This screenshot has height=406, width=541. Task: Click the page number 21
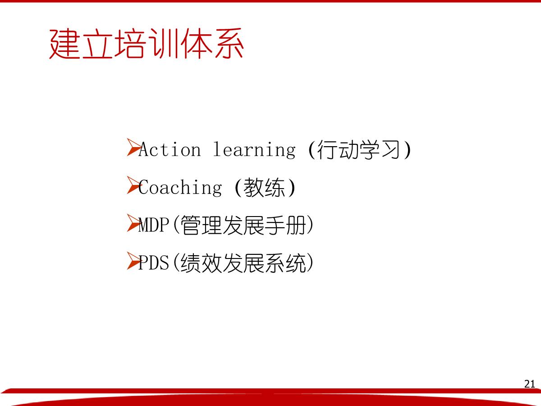pyautogui.click(x=530, y=384)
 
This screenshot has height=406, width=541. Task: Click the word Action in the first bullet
pyautogui.click(x=170, y=149)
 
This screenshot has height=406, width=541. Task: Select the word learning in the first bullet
pyautogui.click(x=254, y=150)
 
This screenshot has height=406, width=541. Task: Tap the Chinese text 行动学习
pyautogui.click(x=358, y=150)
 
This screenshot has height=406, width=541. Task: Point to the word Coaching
pyautogui.click(x=180, y=188)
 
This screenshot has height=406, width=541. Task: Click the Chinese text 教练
pyautogui.click(x=265, y=187)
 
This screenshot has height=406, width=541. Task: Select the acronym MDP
pyautogui.click(x=154, y=225)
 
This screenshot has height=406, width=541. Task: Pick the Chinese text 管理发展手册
pyautogui.click(x=243, y=225)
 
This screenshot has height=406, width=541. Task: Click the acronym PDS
pyautogui.click(x=154, y=263)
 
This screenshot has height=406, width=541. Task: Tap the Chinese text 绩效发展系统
pyautogui.click(x=243, y=263)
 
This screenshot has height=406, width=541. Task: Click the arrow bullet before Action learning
pyautogui.click(x=133, y=147)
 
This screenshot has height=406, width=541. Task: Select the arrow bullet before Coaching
pyautogui.click(x=133, y=185)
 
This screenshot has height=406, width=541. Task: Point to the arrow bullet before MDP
pyautogui.click(x=133, y=223)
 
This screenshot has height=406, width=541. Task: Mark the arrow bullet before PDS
pyautogui.click(x=133, y=261)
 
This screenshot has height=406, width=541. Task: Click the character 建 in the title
pyautogui.click(x=64, y=44)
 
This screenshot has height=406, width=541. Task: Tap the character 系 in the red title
pyautogui.click(x=229, y=43)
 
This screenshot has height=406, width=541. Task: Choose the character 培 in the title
pyautogui.click(x=129, y=43)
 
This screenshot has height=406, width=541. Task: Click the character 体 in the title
pyautogui.click(x=197, y=43)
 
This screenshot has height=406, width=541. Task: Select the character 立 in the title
pyautogui.click(x=97, y=44)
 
